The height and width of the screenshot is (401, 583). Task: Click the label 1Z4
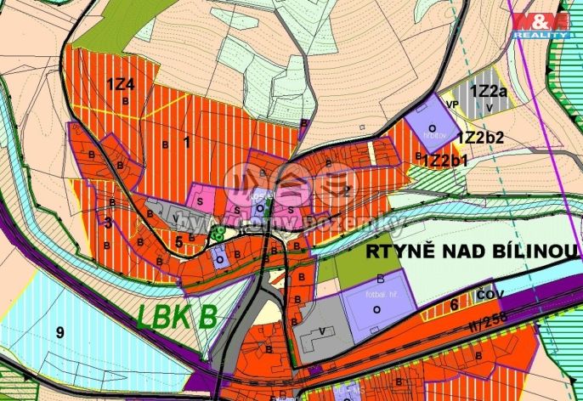(120, 83)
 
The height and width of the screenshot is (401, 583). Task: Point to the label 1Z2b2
(481, 136)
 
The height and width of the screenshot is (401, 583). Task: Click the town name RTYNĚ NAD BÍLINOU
(473, 251)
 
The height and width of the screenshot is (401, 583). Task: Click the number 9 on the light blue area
(59, 333)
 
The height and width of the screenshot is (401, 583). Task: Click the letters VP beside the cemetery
(452, 106)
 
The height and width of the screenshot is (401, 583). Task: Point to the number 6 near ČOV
(455, 303)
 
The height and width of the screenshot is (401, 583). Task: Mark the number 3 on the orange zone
(108, 223)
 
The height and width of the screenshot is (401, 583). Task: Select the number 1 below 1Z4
(185, 142)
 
